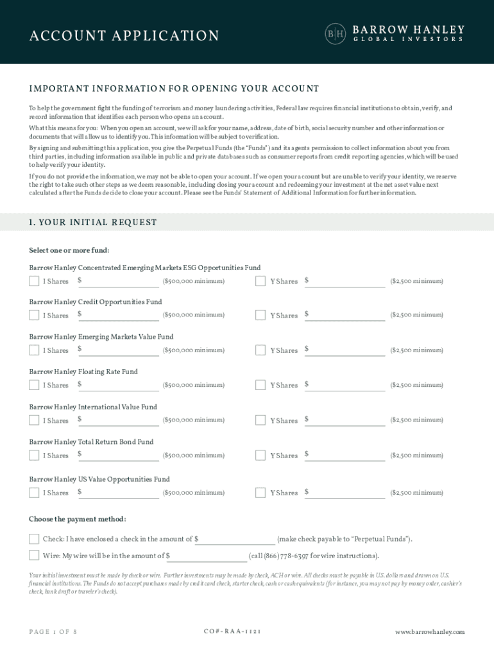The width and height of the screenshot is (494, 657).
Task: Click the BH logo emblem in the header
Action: (x=336, y=34)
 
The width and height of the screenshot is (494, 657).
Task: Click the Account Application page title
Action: (x=124, y=36)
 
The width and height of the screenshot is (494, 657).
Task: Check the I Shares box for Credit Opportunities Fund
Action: (x=34, y=315)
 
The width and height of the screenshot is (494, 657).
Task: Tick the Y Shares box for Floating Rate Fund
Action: (x=260, y=385)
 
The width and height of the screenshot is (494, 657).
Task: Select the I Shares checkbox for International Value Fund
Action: (x=34, y=420)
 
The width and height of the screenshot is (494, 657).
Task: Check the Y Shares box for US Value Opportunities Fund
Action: (x=260, y=493)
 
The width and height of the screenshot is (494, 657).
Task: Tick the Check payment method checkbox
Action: (x=34, y=539)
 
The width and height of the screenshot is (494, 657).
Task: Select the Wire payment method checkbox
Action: (x=34, y=556)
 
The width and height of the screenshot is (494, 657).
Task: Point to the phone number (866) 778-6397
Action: (x=288, y=556)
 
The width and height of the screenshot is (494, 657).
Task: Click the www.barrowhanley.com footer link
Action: (x=429, y=632)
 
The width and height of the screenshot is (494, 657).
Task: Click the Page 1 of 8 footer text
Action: (x=53, y=632)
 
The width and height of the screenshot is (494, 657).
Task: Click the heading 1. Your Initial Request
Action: (x=93, y=223)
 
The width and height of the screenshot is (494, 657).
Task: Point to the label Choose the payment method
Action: (x=78, y=519)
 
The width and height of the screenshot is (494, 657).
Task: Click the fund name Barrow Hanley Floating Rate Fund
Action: (x=83, y=371)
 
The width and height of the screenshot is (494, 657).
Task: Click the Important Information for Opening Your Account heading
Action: (x=174, y=89)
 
